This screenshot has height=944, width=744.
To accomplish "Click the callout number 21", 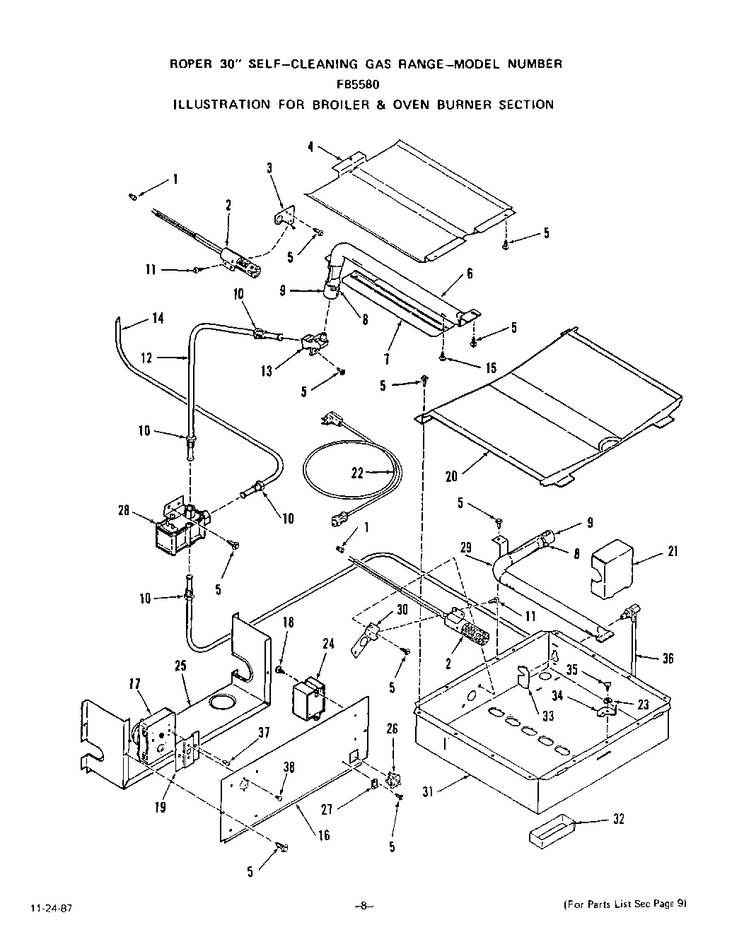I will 671,552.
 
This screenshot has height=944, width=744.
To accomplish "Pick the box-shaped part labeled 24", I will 310,697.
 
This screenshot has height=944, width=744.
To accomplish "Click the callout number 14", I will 157,319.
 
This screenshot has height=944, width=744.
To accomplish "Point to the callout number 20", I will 451,476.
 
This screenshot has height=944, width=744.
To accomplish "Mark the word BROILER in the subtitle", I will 335,105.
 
